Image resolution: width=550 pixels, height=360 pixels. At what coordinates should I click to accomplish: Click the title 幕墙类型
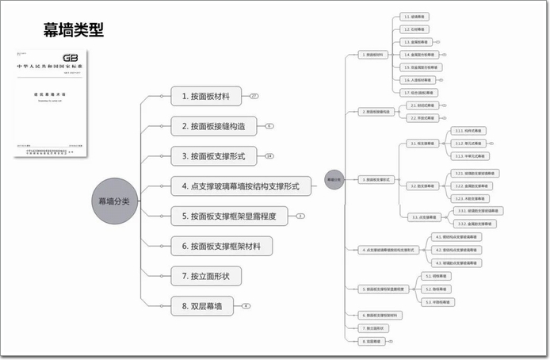[74, 31]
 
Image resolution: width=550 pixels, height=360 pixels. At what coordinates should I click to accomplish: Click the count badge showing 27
[254, 97]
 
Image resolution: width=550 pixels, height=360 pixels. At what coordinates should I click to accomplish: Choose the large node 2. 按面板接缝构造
[218, 126]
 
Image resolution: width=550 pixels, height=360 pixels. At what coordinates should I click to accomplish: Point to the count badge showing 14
[269, 156]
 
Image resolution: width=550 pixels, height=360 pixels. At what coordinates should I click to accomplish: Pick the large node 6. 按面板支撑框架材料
[221, 246]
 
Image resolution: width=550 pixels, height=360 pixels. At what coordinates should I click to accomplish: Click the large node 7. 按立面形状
[205, 275]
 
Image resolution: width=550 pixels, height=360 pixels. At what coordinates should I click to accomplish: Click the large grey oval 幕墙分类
[114, 201]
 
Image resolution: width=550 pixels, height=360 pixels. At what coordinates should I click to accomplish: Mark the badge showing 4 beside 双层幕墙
[246, 305]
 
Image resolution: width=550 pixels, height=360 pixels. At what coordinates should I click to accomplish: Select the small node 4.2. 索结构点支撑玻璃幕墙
[456, 250]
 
